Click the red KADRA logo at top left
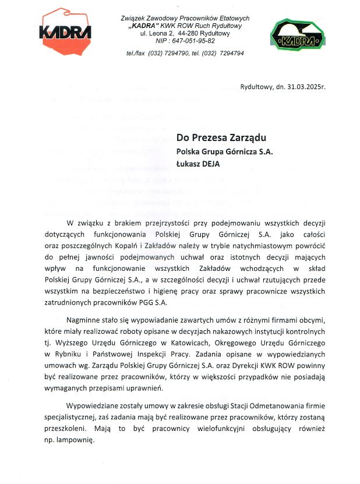tap(65, 33)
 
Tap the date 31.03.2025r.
tap(305, 87)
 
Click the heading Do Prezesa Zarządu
tap(221, 138)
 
